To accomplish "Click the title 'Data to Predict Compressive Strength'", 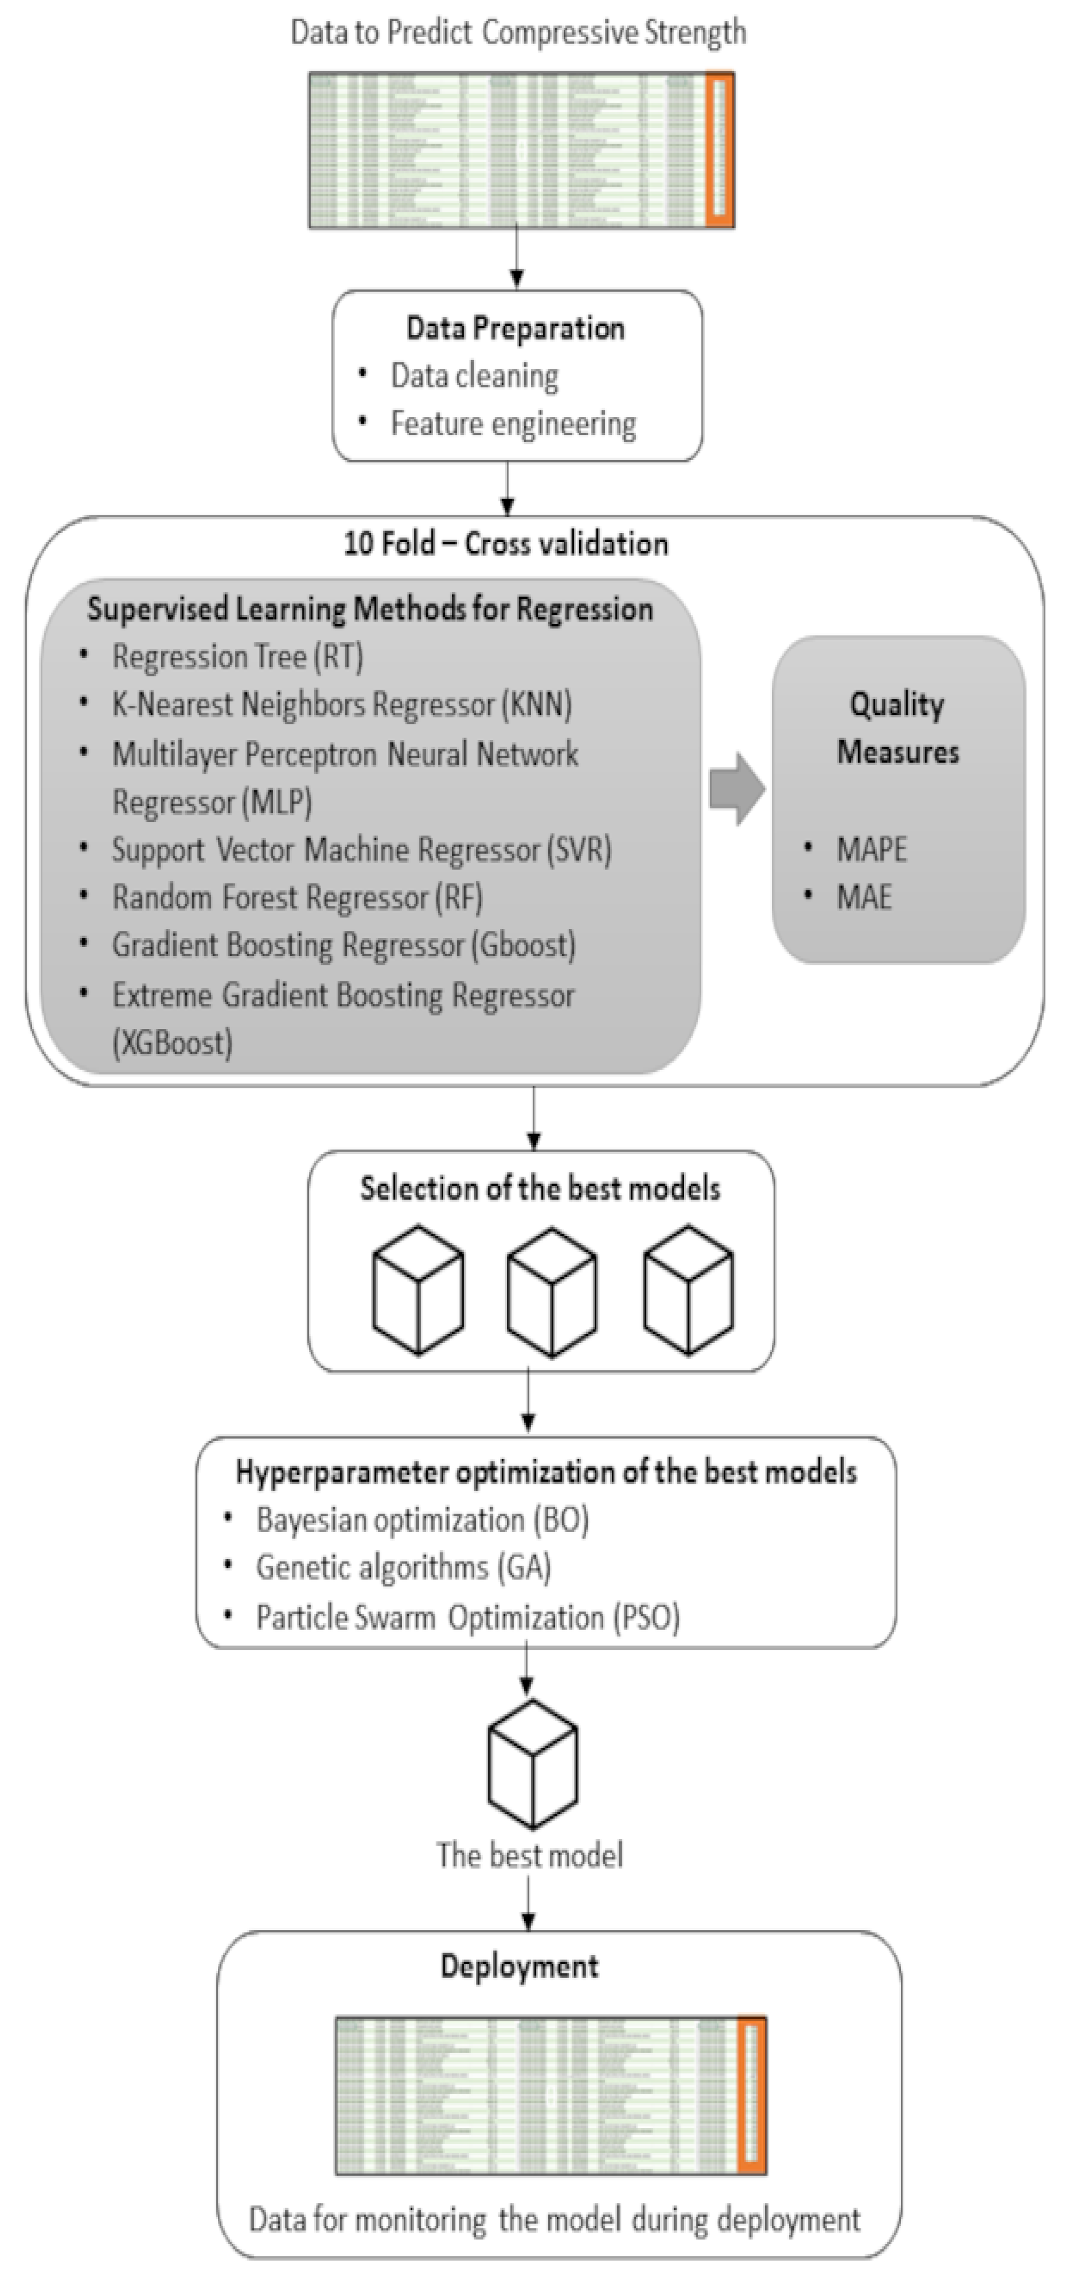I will pos(518,33).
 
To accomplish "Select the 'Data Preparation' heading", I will pos(515,329).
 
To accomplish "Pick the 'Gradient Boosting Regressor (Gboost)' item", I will pos(344,945).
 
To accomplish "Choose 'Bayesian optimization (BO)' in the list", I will pos(422,1520).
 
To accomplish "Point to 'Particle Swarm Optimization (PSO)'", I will pos(468,1618).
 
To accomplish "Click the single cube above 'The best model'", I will pos(532,1764).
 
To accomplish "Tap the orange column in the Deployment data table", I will pos(751,2095).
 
